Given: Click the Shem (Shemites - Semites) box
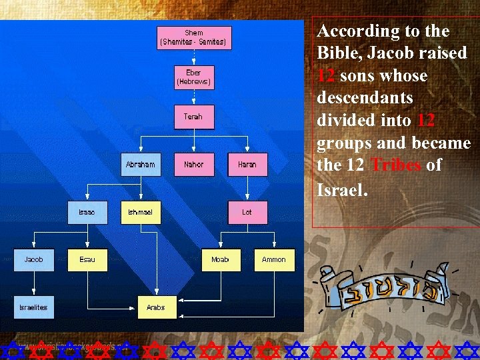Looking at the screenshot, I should pyautogui.click(x=194, y=38).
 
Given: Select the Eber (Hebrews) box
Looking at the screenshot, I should pyautogui.click(x=194, y=77).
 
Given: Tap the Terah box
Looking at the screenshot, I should pyautogui.click(x=194, y=117).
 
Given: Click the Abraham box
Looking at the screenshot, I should pyautogui.click(x=141, y=165).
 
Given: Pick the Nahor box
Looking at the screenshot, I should pyautogui.click(x=194, y=165).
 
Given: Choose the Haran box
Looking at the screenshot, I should pyautogui.click(x=247, y=165).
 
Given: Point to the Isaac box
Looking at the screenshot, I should pyautogui.click(x=87, y=213).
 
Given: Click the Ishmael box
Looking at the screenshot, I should pyautogui.click(x=141, y=213).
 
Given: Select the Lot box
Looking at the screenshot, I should pyautogui.click(x=247, y=213).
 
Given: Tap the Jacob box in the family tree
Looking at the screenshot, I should pyautogui.click(x=34, y=259).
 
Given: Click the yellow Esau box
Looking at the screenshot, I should pyautogui.click(x=87, y=259).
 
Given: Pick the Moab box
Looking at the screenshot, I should pyautogui.click(x=221, y=259).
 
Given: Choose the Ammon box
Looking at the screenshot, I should pyautogui.click(x=274, y=259).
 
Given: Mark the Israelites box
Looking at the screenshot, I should pyautogui.click(x=34, y=307).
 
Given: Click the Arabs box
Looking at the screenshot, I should pyautogui.click(x=157, y=307).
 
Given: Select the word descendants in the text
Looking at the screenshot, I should pyautogui.click(x=365, y=98).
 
